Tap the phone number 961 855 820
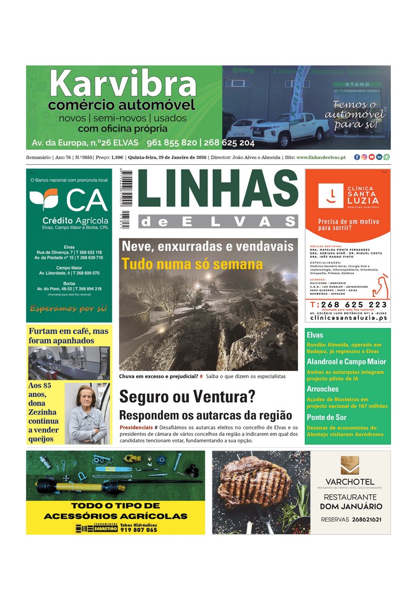click(x=170, y=143)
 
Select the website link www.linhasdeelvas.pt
click(x=320, y=157)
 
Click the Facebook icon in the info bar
click(x=357, y=157)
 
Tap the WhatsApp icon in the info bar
click(x=387, y=157)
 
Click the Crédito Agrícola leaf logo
click(x=43, y=200)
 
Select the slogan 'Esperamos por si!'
click(x=68, y=309)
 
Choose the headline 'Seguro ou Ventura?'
click(x=187, y=397)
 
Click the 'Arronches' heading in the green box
click(x=323, y=389)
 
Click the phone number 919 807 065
click(x=138, y=530)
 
